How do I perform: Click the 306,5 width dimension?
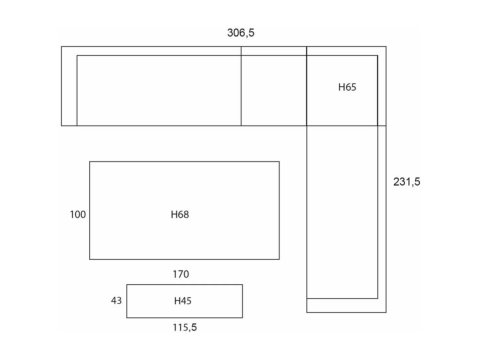[x=241, y=33]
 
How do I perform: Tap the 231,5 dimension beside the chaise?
[x=407, y=182]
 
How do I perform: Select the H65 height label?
[x=347, y=87]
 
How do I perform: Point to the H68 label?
[x=180, y=215]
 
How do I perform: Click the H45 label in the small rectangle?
[x=183, y=301]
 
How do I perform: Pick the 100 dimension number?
[x=78, y=215]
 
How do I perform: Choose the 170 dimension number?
[x=181, y=274]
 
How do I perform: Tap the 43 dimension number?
[x=116, y=301]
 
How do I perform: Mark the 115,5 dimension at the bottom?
[x=185, y=327]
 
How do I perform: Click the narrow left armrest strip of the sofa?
[x=69, y=86]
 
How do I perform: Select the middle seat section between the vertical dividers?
[x=274, y=91]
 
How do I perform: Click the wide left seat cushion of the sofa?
[x=159, y=91]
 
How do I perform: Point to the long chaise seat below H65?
[x=342, y=212]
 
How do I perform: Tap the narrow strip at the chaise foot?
[x=346, y=306]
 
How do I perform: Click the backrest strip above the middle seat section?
[x=274, y=51]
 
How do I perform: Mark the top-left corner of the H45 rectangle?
[x=127, y=285]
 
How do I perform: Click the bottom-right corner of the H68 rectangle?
[x=279, y=259]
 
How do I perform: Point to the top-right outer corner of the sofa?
[x=386, y=46]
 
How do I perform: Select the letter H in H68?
[x=174, y=215]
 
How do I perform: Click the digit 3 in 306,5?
[x=230, y=33]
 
